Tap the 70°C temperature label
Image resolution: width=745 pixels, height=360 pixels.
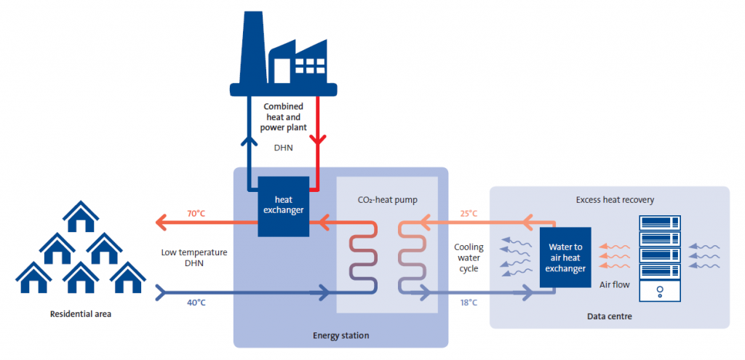click(x=196, y=214)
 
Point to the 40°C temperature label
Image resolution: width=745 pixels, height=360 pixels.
click(x=196, y=303)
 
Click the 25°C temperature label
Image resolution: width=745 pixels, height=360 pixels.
click(x=469, y=214)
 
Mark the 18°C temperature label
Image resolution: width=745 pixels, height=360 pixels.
click(x=469, y=303)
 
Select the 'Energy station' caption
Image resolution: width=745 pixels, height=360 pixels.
click(x=341, y=335)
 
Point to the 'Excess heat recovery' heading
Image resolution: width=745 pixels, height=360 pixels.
click(x=610, y=199)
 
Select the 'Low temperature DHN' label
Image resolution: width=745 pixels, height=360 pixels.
click(x=194, y=258)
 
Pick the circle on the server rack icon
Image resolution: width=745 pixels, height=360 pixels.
click(x=659, y=290)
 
